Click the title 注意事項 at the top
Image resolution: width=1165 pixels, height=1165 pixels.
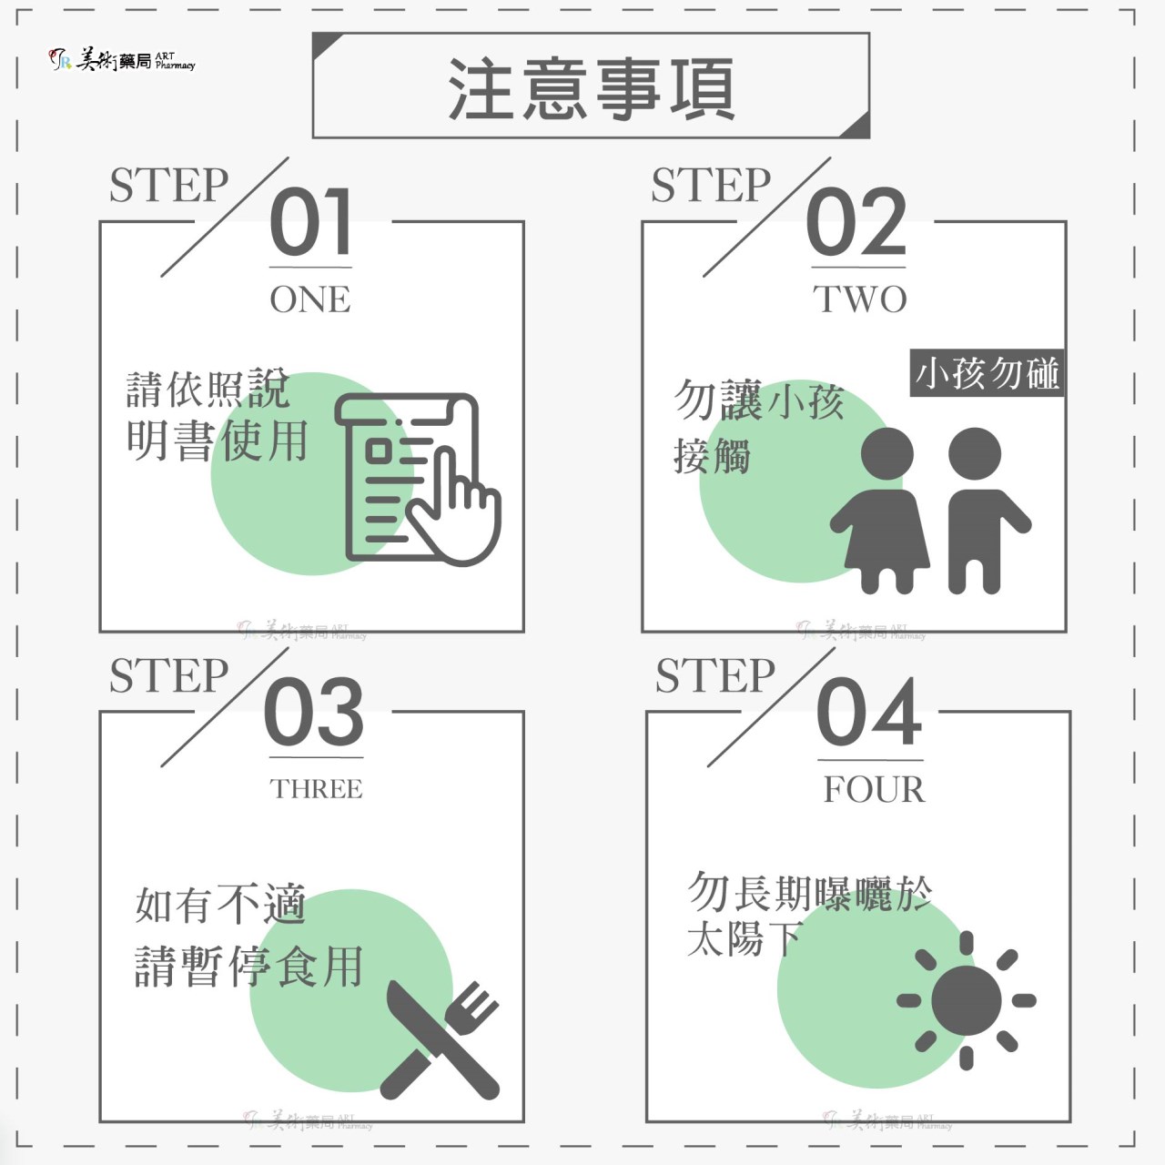point(592,88)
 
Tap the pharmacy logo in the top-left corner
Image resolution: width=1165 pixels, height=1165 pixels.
point(122,60)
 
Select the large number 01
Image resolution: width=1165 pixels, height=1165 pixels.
point(310,221)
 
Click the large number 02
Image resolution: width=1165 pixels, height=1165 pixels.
point(856,221)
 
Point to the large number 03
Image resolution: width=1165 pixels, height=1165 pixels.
point(314,712)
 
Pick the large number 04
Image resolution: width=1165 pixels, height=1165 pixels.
point(869,712)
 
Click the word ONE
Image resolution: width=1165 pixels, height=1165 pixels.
point(310,299)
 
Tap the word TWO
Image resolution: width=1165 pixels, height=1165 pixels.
point(860,299)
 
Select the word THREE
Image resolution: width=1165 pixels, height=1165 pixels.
point(316,789)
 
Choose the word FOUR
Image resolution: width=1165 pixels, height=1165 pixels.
point(874,790)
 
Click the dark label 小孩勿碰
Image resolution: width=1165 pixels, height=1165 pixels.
point(987,373)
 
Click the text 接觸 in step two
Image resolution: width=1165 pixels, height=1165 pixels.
point(712,457)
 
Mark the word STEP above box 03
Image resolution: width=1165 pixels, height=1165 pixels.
point(168,676)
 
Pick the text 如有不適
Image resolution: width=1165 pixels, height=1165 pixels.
point(220,905)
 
